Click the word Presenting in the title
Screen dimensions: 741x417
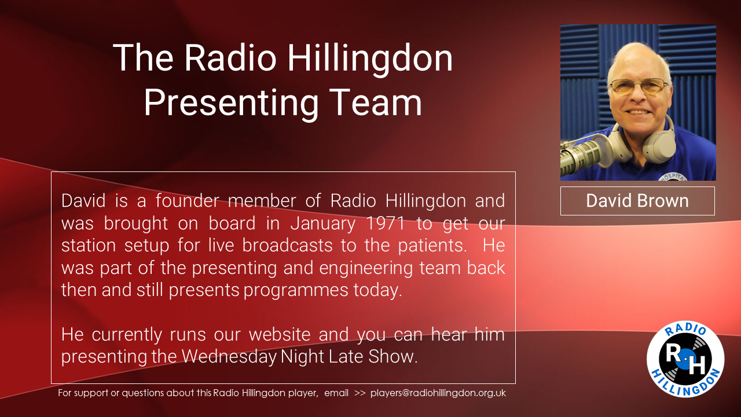231,103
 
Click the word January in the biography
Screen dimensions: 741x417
323,224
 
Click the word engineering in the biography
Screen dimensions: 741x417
366,268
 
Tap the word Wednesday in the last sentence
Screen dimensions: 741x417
229,357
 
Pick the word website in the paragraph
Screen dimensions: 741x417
280,334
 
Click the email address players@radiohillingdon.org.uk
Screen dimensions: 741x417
438,393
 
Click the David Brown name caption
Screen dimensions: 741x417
637,201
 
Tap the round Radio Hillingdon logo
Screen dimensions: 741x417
685,359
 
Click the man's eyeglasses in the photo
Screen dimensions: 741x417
639,87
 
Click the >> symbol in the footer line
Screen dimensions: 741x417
360,393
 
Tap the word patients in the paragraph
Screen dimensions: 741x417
432,246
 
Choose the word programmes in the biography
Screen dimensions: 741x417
296,291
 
